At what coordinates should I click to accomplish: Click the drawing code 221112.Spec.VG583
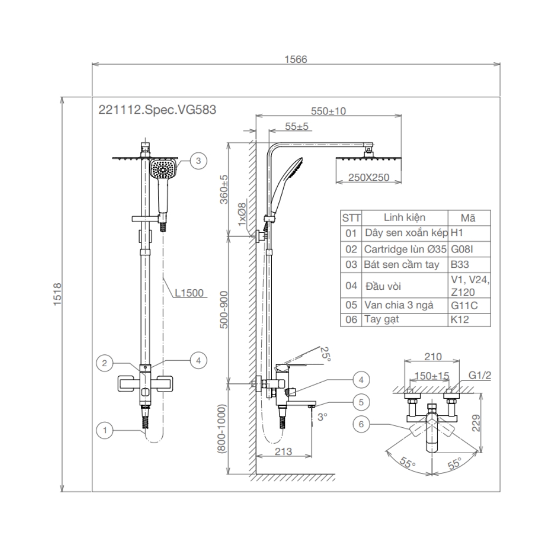pyautogui.click(x=157, y=109)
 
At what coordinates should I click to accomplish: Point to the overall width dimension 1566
pyautogui.click(x=296, y=59)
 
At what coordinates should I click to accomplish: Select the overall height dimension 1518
pyautogui.click(x=61, y=296)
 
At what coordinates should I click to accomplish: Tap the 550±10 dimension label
pyautogui.click(x=328, y=111)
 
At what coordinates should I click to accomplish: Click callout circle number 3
pyautogui.click(x=198, y=161)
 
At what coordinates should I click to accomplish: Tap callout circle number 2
pyautogui.click(x=104, y=363)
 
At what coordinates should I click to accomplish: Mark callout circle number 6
pyautogui.click(x=361, y=424)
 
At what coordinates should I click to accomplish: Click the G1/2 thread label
pyautogui.click(x=479, y=377)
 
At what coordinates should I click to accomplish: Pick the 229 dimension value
pyautogui.click(x=491, y=422)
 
